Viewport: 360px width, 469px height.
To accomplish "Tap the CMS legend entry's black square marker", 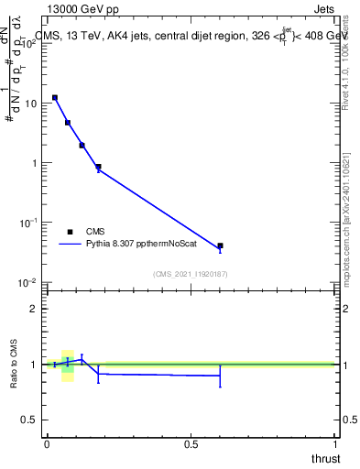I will click(71, 232).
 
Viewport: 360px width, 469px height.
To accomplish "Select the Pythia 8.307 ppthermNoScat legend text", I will click(137, 245).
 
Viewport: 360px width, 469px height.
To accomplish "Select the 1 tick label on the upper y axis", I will click(34, 163).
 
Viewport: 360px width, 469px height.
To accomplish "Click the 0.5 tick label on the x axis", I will click(191, 442).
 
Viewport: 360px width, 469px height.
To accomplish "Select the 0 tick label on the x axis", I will click(47, 442).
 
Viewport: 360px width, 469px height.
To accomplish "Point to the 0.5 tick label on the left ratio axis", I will click(30, 420).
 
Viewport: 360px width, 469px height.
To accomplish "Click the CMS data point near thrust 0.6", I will click(220, 245).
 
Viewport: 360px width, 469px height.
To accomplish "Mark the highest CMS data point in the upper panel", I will click(55, 97).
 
